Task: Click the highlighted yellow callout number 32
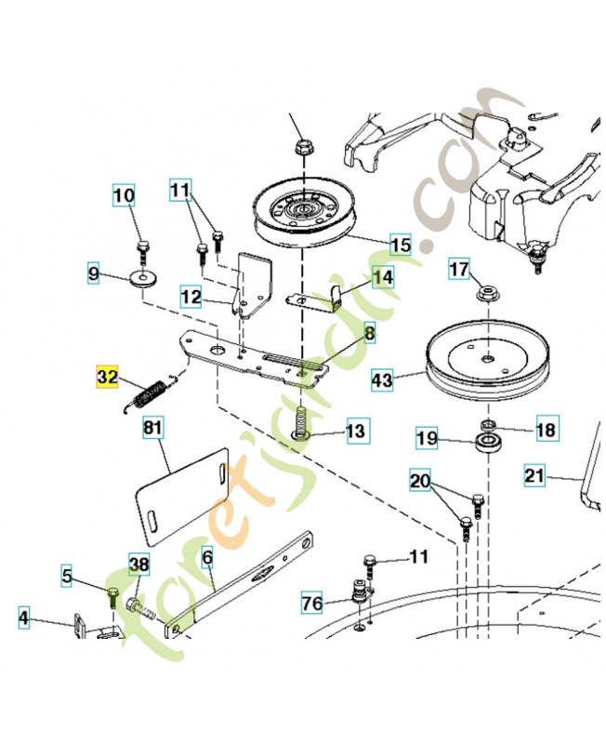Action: point(108,377)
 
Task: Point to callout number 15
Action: point(400,246)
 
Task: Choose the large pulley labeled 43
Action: point(486,359)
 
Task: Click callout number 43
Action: point(383,379)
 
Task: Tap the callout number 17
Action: point(460,270)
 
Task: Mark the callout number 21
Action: point(534,475)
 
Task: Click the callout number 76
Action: point(312,604)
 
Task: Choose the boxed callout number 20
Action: point(421,481)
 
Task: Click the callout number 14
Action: point(383,277)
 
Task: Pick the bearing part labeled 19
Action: point(484,441)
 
